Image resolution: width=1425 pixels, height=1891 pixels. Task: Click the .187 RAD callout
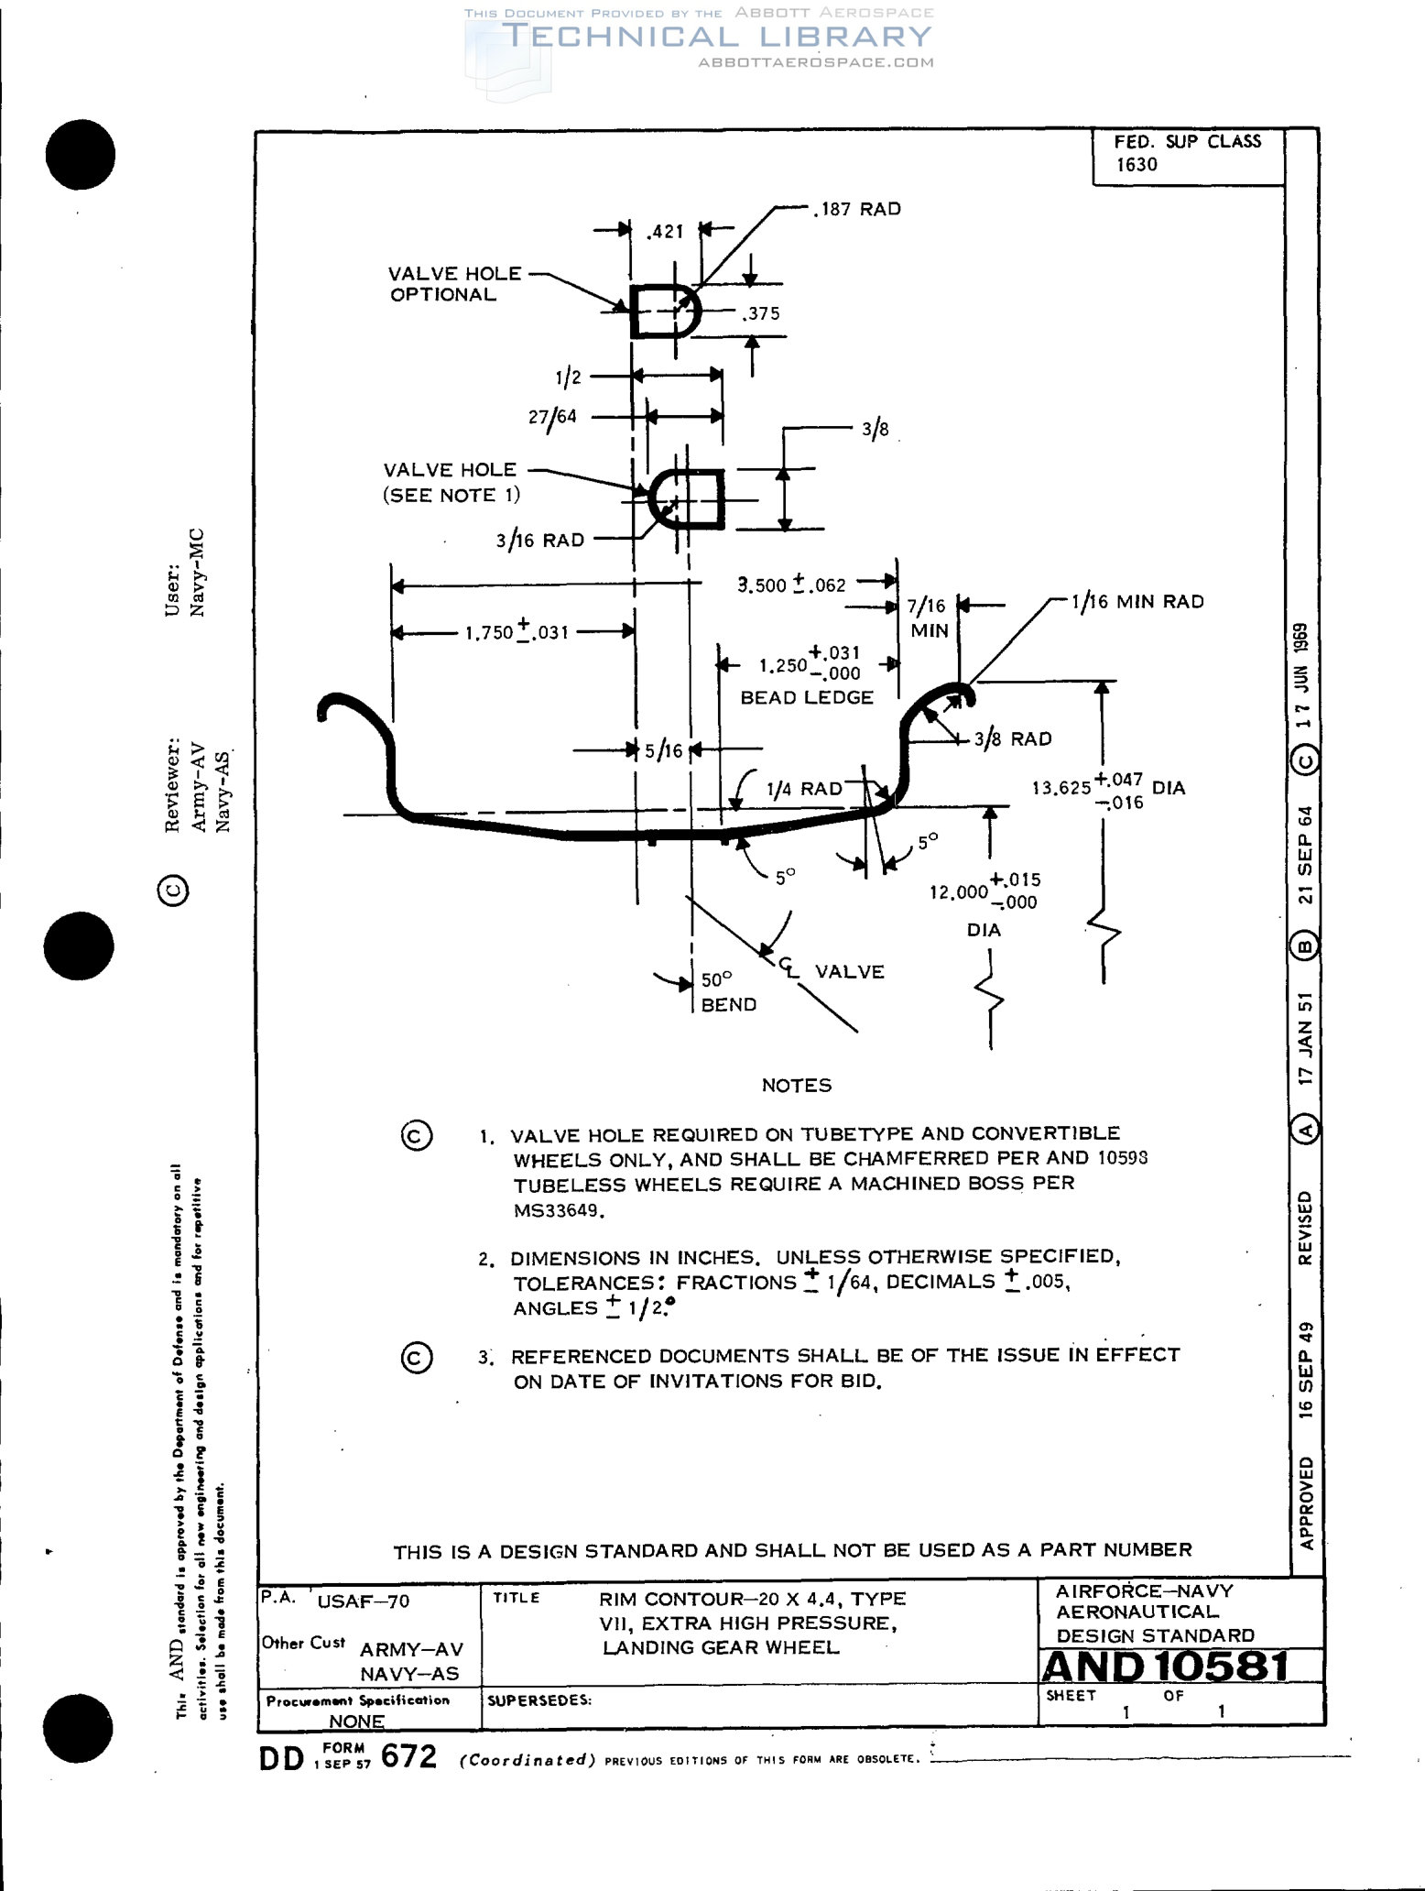pyautogui.click(x=857, y=209)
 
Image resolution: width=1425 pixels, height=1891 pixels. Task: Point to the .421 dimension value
pyautogui.click(x=665, y=232)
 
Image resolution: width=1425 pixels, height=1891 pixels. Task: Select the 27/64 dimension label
pyautogui.click(x=552, y=417)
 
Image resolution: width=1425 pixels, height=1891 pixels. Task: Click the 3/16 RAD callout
pyautogui.click(x=540, y=541)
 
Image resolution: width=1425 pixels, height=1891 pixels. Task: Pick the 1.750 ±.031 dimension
pyautogui.click(x=517, y=631)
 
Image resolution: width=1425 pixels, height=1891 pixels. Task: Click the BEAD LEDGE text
pyautogui.click(x=807, y=697)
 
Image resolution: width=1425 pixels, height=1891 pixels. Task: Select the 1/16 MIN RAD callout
pyautogui.click(x=1137, y=602)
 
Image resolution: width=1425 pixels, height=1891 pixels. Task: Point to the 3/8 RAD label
pyautogui.click(x=1012, y=738)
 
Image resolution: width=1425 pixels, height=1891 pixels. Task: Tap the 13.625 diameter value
pyautogui.click(x=1061, y=788)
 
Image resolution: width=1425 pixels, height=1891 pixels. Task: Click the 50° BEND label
pyautogui.click(x=727, y=992)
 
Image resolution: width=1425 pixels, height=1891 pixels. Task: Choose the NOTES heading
pyautogui.click(x=797, y=1086)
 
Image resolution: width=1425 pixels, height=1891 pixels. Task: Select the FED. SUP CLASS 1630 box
pyautogui.click(x=1187, y=153)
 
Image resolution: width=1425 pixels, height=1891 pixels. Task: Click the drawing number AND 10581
pyautogui.click(x=1165, y=1667)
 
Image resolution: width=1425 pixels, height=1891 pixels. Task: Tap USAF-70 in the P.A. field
pyautogui.click(x=363, y=1601)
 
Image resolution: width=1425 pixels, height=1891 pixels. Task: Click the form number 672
pyautogui.click(x=408, y=1754)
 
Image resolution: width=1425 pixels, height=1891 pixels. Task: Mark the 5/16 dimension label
pyautogui.click(x=664, y=750)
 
